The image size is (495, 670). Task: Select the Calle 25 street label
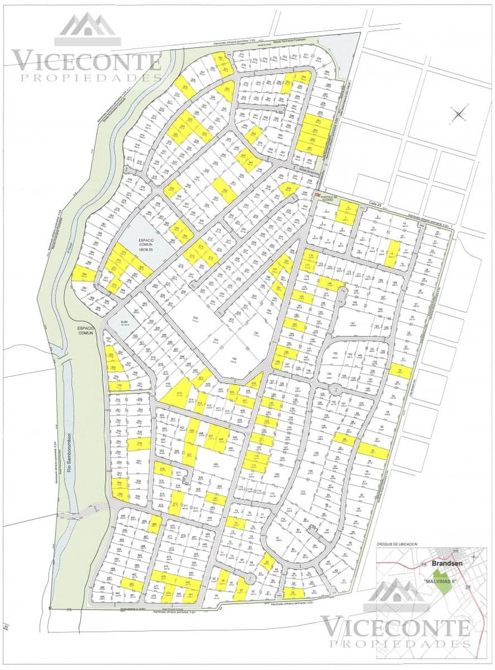coord(375,203)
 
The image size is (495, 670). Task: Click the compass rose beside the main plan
coord(459,113)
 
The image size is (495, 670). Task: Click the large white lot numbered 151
coord(352,325)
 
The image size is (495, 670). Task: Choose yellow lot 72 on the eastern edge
coord(400,371)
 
